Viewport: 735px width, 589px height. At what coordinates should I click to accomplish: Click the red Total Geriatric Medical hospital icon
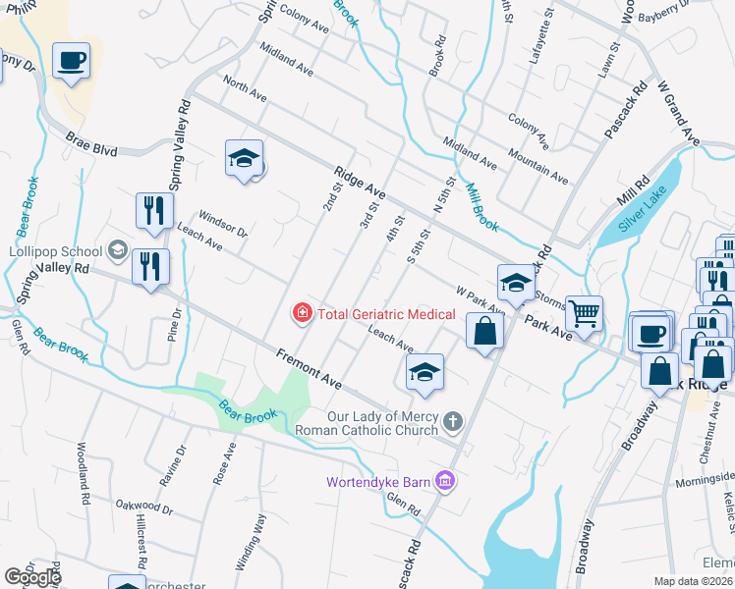pyautogui.click(x=303, y=314)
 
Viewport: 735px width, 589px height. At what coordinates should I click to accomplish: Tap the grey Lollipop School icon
pyautogui.click(x=118, y=250)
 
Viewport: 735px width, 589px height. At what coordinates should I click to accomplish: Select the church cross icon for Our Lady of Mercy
pyautogui.click(x=452, y=422)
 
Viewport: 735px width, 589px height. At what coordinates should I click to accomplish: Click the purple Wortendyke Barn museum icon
pyautogui.click(x=444, y=481)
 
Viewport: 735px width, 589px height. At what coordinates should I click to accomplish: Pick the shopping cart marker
pyautogui.click(x=585, y=313)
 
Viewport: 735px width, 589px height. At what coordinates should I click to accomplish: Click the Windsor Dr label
pyautogui.click(x=222, y=223)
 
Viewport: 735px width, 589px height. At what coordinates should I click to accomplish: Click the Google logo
pyautogui.click(x=32, y=577)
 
